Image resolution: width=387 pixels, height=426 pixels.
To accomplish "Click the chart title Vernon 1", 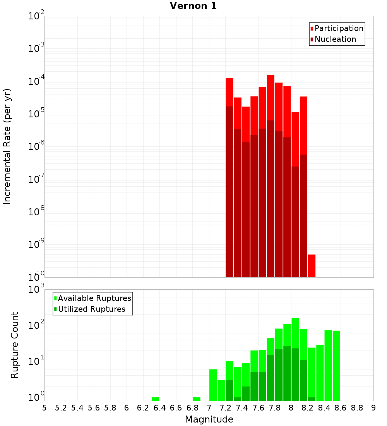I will click(x=193, y=6).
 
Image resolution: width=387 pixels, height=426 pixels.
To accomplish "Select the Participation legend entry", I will click(x=339, y=28).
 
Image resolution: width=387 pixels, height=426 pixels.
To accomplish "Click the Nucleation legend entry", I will click(x=335, y=39).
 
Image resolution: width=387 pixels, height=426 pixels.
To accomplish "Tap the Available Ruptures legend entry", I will click(x=94, y=298).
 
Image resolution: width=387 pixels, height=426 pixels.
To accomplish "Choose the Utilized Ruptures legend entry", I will click(x=91, y=309).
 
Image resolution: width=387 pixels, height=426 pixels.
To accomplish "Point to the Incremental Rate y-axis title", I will click(x=7, y=146).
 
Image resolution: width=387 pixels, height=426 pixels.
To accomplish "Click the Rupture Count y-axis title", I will click(x=15, y=345).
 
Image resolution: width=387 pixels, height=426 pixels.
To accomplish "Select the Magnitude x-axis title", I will click(x=209, y=419).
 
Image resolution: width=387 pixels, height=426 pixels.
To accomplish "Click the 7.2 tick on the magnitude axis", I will click(x=226, y=408).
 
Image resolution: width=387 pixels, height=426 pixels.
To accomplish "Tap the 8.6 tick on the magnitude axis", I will click(x=341, y=408).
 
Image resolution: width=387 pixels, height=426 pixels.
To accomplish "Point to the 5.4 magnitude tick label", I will click(x=77, y=408).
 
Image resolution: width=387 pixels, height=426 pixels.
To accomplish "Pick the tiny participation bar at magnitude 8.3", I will click(x=312, y=266).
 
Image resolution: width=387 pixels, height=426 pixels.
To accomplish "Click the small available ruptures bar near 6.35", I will click(x=156, y=399).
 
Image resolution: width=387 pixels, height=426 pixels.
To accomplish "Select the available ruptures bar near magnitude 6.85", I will click(x=197, y=399).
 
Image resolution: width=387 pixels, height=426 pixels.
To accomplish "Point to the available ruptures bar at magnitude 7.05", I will click(x=213, y=385).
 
